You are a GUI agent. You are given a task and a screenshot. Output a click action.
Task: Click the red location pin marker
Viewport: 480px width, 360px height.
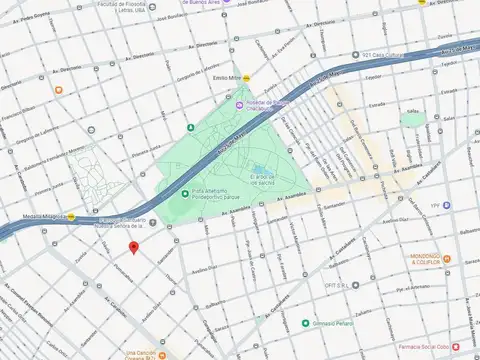[x=134, y=247]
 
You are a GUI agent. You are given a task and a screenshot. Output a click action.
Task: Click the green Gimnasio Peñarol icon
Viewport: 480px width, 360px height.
[x=306, y=323]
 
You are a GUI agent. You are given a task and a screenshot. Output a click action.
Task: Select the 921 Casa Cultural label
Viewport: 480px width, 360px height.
[x=382, y=55]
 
